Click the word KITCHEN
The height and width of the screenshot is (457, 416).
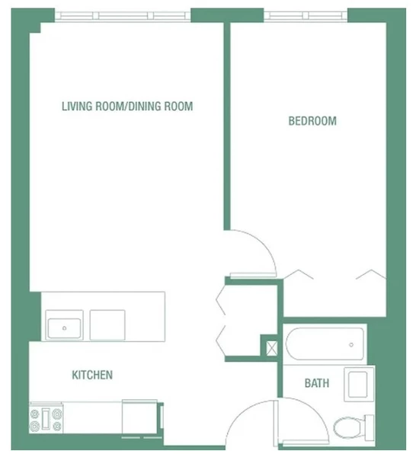[x=92, y=375]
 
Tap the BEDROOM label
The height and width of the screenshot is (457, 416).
[x=312, y=121]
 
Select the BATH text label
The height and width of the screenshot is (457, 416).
[x=317, y=383]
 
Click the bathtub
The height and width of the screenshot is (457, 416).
[x=325, y=344]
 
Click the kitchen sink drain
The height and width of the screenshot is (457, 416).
[x=65, y=328]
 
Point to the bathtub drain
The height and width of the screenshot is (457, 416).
[x=350, y=344]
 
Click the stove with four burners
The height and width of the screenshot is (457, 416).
[x=46, y=418]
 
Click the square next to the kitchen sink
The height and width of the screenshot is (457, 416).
[x=107, y=324]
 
